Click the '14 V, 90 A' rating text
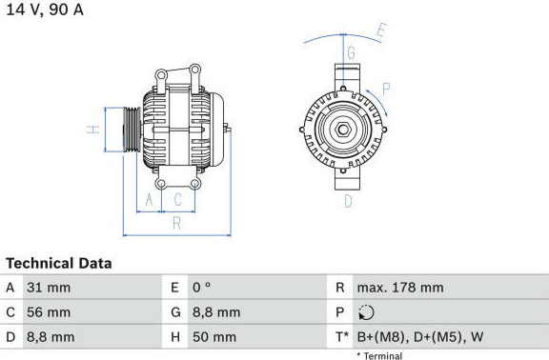[x=45, y=10]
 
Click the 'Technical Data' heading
[x=59, y=264]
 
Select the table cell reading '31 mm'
[x=49, y=288]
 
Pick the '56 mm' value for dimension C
[x=49, y=312]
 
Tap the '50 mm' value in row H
[x=214, y=337]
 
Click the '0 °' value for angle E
[x=202, y=288]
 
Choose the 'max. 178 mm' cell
[x=400, y=288]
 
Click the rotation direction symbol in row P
[x=366, y=312]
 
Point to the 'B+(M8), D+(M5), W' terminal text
[x=420, y=337]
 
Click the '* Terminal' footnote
[x=379, y=356]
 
